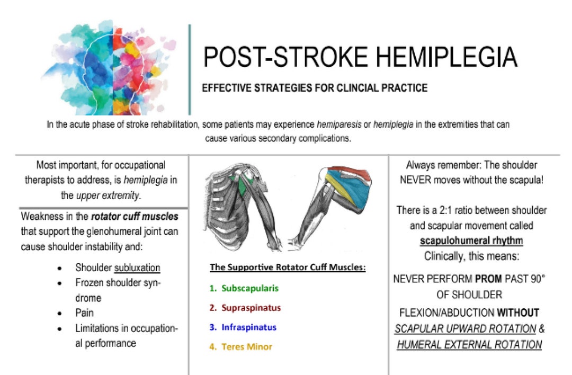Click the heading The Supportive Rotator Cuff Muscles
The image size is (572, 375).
[x=288, y=267]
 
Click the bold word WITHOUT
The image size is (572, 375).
[x=517, y=312]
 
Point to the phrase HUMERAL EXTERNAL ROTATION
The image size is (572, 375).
[x=469, y=344]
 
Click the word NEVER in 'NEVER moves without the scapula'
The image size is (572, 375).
[x=417, y=180]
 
